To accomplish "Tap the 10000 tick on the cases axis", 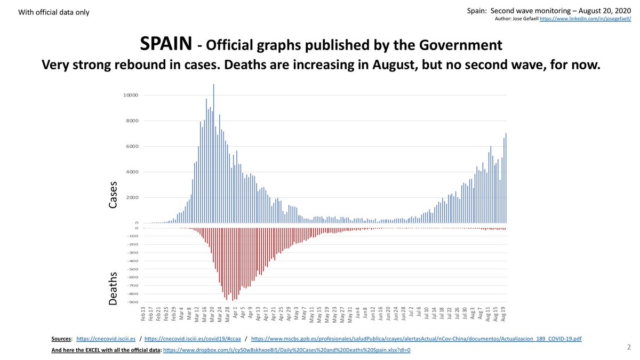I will pyautogui.click(x=131, y=95).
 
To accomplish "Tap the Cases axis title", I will pyautogui.click(x=113, y=197).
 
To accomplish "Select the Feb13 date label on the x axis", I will pyautogui.click(x=143, y=315).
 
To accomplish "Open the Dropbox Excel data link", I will pyautogui.click(x=286, y=350).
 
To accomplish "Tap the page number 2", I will pyautogui.click(x=629, y=348).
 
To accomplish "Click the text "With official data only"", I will pyautogui.click(x=54, y=12).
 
